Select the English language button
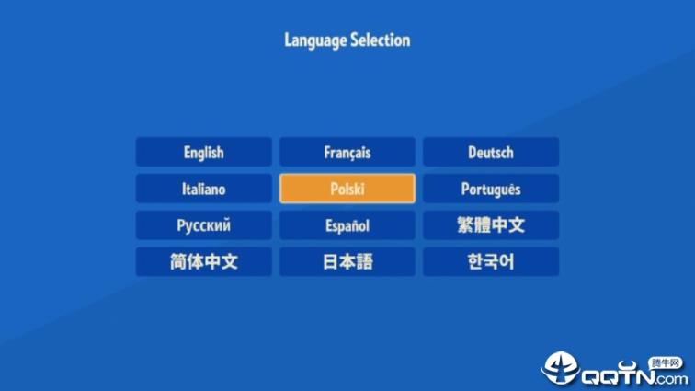click(203, 153)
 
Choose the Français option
click(347, 153)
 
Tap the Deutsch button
click(490, 153)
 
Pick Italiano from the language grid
click(203, 190)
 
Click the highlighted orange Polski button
click(347, 190)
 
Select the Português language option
click(490, 190)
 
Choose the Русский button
click(203, 225)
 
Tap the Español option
click(347, 225)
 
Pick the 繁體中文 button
click(490, 225)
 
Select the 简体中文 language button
click(203, 262)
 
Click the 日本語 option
click(347, 262)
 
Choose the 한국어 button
click(490, 262)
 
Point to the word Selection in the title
click(380, 40)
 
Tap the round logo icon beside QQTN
click(560, 368)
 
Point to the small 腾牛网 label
click(664, 362)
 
